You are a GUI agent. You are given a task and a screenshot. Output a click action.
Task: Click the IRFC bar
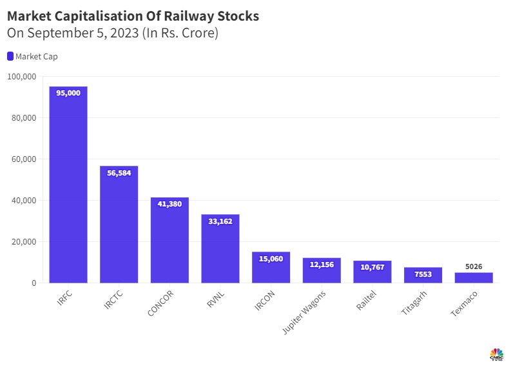(x=68, y=187)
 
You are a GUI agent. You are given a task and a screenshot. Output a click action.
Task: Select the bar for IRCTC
(x=119, y=226)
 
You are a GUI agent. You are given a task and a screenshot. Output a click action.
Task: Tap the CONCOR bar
(x=169, y=242)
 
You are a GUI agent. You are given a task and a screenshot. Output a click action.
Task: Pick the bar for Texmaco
(x=474, y=277)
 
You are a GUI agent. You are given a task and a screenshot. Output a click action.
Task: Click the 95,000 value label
(x=68, y=93)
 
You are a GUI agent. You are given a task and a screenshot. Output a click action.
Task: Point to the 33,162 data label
(x=220, y=221)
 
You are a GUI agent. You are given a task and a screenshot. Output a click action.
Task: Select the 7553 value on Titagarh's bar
(x=423, y=274)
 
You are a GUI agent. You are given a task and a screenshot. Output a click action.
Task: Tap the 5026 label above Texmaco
(x=474, y=266)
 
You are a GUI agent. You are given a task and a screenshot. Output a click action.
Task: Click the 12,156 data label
(x=322, y=264)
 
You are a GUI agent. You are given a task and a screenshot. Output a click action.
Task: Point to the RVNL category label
(x=213, y=299)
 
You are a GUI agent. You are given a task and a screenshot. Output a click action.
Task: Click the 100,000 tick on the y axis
(x=22, y=77)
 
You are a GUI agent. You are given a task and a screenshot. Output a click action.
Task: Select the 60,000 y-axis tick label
(x=24, y=159)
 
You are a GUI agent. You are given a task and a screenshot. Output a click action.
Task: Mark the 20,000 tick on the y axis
(x=24, y=242)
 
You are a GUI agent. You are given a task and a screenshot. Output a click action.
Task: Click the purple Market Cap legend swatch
(x=10, y=56)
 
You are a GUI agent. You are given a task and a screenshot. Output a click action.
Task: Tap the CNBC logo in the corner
(x=496, y=355)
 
